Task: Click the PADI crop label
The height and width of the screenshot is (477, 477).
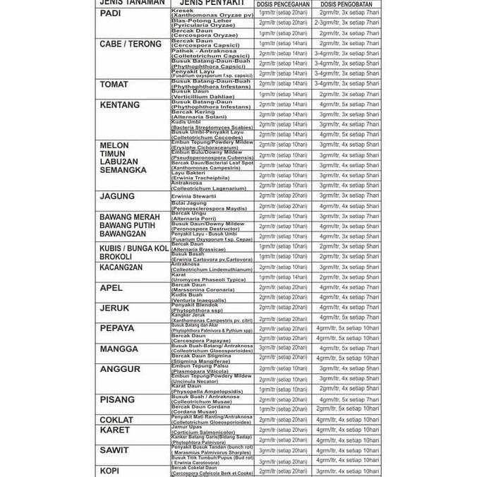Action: click(110, 13)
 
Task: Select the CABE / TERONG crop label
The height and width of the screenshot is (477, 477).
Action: click(131, 44)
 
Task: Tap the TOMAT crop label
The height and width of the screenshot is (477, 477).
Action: click(114, 85)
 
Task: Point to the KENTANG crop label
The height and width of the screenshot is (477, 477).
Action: click(120, 105)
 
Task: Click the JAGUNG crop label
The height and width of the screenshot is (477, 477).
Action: click(117, 197)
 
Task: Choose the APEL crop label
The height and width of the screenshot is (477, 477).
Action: click(111, 288)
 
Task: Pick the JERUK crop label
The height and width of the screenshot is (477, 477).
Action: click(114, 308)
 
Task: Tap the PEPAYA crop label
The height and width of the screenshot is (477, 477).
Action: click(116, 329)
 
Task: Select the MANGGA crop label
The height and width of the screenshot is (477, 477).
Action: click(119, 349)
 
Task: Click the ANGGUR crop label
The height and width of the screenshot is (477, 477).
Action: click(120, 369)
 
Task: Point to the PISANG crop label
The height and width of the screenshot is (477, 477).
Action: click(117, 399)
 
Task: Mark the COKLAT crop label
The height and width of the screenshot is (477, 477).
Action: click(116, 420)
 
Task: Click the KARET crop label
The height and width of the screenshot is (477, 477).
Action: click(115, 430)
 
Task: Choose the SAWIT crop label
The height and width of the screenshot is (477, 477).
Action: click(114, 450)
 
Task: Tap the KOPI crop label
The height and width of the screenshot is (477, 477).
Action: click(109, 471)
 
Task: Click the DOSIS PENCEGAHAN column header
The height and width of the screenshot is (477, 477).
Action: click(282, 4)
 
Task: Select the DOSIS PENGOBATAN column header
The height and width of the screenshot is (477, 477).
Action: click(346, 4)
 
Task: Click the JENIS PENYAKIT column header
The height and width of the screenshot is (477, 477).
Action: click(212, 3)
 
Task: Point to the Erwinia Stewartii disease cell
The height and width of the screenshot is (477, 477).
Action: click(194, 196)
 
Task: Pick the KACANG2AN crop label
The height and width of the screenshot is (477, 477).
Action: click(121, 267)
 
